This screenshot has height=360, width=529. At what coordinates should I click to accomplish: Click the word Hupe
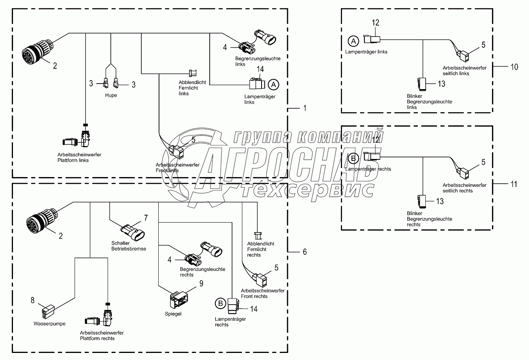[x=111, y=95]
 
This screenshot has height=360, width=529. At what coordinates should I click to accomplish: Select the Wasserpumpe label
[x=49, y=324]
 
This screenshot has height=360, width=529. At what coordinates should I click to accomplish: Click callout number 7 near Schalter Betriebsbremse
[x=146, y=217]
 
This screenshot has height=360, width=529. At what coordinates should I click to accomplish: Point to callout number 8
[x=32, y=300]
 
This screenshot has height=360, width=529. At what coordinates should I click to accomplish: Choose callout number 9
[x=201, y=283]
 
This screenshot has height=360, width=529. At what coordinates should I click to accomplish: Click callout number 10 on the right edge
[x=514, y=67]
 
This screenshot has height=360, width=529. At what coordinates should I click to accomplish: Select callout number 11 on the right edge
[x=514, y=184]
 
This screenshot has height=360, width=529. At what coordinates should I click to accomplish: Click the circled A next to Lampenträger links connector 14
[x=274, y=84]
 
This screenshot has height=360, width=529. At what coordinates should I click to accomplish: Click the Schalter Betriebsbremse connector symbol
[x=132, y=232]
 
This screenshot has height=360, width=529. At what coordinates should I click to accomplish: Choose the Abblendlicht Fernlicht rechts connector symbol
[x=258, y=236]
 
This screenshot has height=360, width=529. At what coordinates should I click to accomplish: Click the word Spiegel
[x=173, y=314]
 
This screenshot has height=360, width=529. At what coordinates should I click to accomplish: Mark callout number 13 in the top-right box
[x=441, y=84]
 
